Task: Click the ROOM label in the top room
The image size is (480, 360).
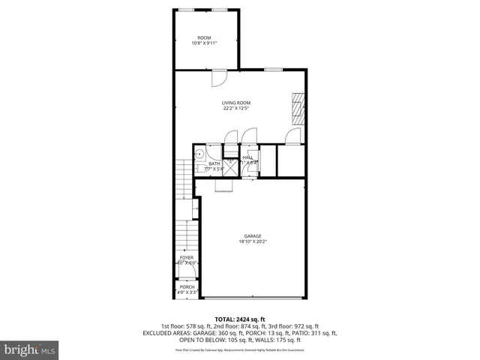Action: point(204,37)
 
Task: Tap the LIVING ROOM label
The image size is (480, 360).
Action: point(235,103)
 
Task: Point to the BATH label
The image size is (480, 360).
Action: point(214,163)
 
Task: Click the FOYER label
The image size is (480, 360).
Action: point(186,257)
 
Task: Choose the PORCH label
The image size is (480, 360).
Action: point(187,286)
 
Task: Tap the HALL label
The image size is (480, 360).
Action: point(247,157)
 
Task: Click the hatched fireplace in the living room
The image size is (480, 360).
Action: point(298,109)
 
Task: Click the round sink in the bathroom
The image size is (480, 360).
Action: point(199,154)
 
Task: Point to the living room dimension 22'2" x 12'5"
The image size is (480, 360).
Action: point(235,109)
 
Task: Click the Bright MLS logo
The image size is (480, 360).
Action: point(30,349)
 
